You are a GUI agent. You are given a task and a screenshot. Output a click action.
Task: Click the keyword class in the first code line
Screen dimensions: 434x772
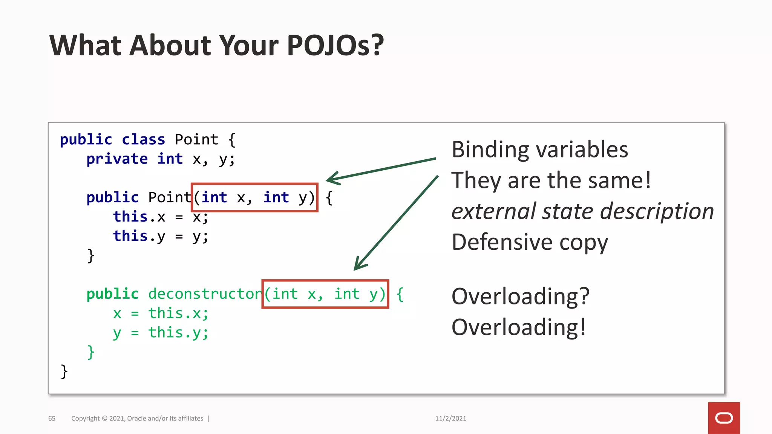click(143, 140)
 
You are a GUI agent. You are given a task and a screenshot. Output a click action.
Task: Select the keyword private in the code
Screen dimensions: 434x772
click(117, 159)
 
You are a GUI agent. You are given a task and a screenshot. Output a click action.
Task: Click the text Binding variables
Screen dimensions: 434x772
click(539, 150)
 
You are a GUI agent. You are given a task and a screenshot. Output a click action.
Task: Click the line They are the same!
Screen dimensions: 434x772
click(551, 180)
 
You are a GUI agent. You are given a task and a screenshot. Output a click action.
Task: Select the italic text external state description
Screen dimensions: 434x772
click(582, 211)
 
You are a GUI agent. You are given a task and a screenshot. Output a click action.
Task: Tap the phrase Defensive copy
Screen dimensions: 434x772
click(530, 242)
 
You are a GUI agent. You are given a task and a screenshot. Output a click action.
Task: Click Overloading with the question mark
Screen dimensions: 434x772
click(520, 296)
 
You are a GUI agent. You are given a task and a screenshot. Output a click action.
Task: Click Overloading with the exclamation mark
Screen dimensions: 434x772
click(518, 327)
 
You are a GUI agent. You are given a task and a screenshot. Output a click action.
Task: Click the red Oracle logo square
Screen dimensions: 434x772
click(723, 418)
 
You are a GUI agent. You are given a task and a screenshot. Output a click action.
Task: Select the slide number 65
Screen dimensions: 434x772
click(52, 419)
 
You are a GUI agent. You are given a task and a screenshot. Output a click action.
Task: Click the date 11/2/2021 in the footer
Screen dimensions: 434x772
click(450, 419)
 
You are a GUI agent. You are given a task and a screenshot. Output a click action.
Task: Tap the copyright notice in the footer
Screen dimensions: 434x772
click(137, 419)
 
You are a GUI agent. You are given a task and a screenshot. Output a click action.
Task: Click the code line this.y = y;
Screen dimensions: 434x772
click(160, 237)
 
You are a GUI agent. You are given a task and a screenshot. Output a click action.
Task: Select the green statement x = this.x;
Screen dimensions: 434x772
click(160, 313)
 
